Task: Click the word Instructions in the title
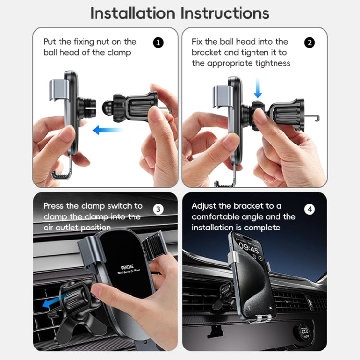tap(225, 13)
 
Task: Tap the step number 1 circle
tap(158, 43)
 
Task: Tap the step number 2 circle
tap(310, 43)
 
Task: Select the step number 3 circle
tap(158, 209)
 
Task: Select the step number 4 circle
tap(310, 209)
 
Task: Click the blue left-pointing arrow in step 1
tap(108, 130)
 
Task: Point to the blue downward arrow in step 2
tap(258, 89)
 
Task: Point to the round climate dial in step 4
tap(305, 332)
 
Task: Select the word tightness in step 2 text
tap(273, 63)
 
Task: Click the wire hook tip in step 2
tap(317, 117)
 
